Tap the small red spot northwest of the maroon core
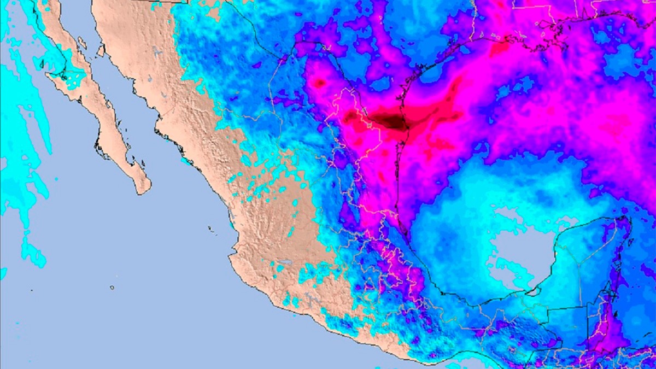tap(319, 83)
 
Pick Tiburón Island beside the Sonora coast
tap(101, 51)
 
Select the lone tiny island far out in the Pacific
tap(112, 287)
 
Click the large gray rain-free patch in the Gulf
tap(511, 241)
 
